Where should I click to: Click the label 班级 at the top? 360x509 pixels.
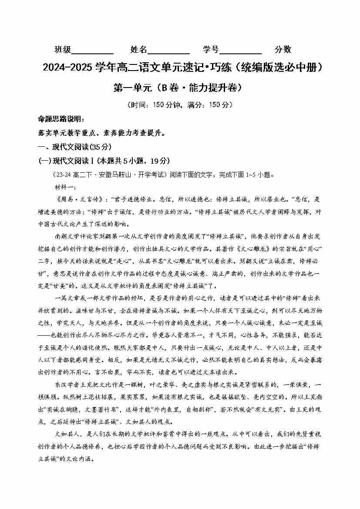[x=62, y=50]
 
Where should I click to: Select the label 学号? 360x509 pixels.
[x=211, y=50]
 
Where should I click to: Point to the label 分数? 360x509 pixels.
[x=283, y=50]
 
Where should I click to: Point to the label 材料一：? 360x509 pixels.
[x=64, y=187]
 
